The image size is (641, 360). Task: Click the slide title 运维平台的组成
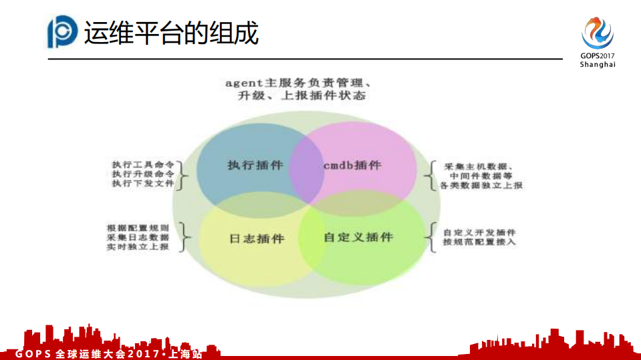coord(171,32)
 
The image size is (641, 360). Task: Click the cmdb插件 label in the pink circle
coord(352,165)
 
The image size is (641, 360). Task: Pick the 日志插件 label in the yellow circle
coord(256,238)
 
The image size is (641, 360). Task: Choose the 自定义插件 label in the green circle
coord(358,237)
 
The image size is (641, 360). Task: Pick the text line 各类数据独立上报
coord(481,185)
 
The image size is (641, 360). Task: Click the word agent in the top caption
coord(241,83)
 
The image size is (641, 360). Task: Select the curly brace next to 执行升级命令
coord(184,174)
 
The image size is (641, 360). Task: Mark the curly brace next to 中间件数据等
coord(429,176)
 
